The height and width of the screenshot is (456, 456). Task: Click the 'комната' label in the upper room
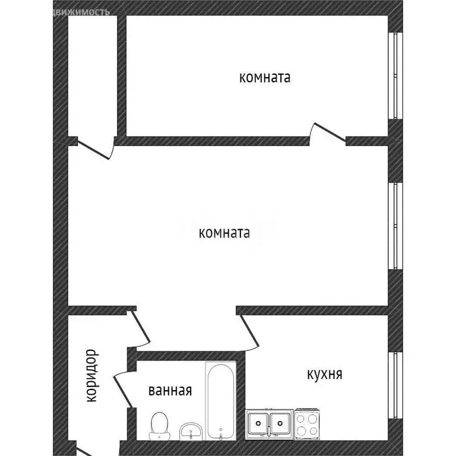coord(265,77)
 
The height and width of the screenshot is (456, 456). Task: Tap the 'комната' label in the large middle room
coord(224,233)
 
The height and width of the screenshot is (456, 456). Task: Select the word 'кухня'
coord(324,374)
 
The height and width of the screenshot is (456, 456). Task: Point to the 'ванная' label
coord(170,391)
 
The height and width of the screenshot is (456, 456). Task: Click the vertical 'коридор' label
coord(91,376)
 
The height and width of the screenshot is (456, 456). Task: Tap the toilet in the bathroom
coord(159,426)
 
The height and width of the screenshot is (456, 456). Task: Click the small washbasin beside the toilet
coord(191,430)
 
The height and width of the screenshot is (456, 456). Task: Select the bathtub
coord(221,401)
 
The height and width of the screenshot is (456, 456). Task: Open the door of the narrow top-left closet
coord(95,148)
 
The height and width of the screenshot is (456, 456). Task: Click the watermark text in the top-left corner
coord(81,11)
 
